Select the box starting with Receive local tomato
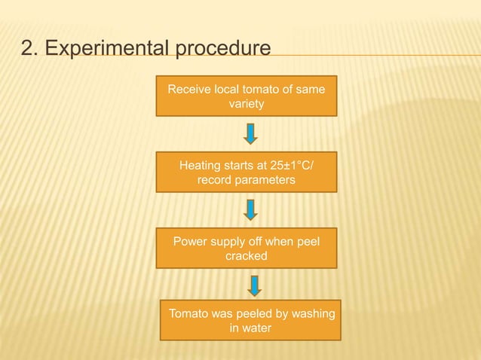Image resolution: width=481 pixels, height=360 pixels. point(247,96)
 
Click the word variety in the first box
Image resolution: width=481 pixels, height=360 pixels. point(247,104)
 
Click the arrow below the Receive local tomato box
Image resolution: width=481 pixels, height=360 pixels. point(251,133)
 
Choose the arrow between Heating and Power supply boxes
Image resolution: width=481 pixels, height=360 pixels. point(251,210)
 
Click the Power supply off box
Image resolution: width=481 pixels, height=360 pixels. point(247,249)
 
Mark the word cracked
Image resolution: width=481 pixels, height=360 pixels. point(247,257)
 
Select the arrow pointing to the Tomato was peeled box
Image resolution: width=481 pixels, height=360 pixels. point(254,285)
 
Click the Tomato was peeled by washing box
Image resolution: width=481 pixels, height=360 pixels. point(251,321)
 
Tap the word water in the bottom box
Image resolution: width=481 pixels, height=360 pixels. point(257,328)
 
